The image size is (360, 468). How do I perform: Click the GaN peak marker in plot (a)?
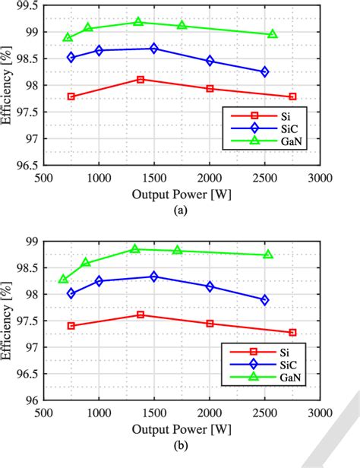[x=138, y=22]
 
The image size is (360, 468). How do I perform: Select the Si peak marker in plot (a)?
[x=141, y=79]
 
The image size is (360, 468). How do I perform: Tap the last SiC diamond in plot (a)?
[x=264, y=71]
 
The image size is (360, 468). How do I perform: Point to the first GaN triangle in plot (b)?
[x=64, y=279]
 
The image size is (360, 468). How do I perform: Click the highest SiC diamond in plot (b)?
[x=154, y=277]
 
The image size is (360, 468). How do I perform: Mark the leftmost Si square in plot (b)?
[x=71, y=325]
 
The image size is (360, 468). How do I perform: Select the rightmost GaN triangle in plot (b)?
[x=268, y=255]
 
